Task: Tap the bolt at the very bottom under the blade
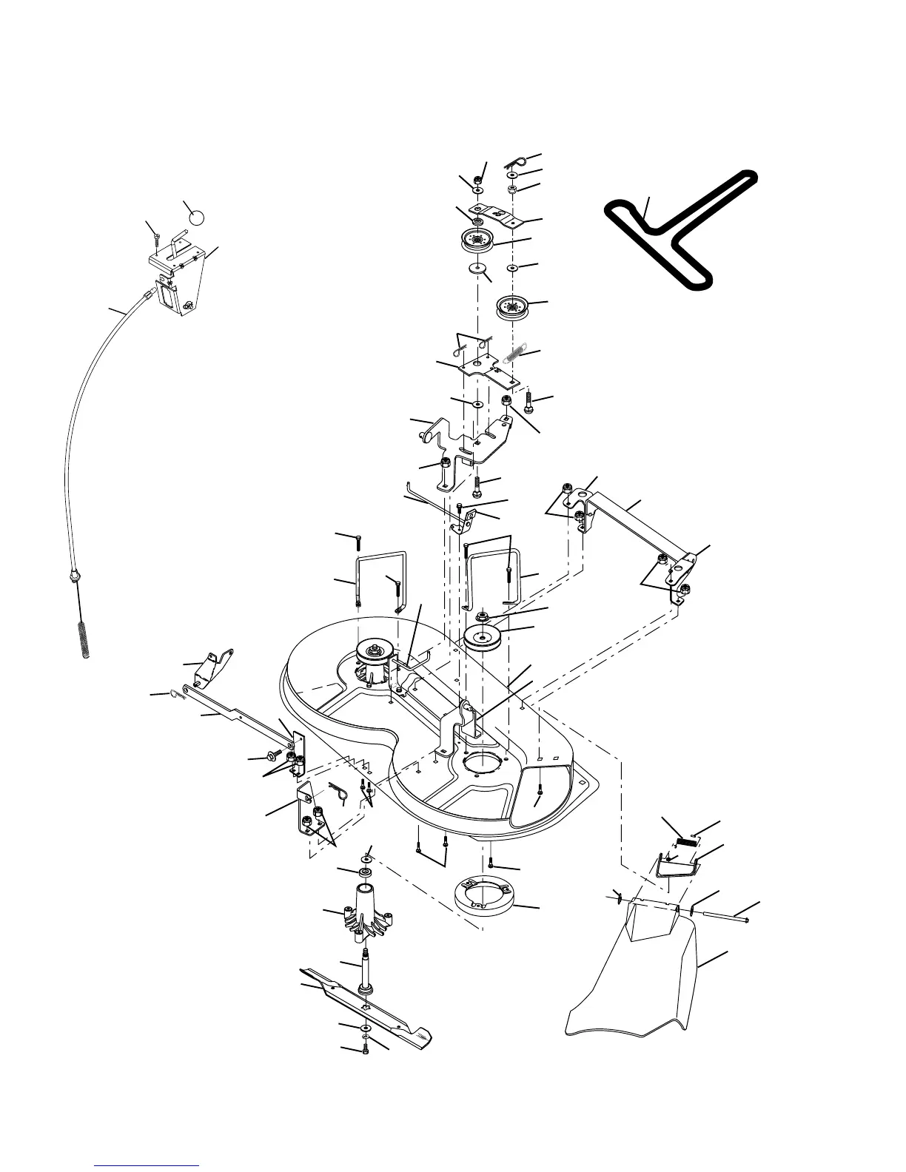click(x=366, y=1052)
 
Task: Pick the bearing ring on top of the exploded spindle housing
click(x=366, y=874)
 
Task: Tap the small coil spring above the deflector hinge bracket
click(x=688, y=839)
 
